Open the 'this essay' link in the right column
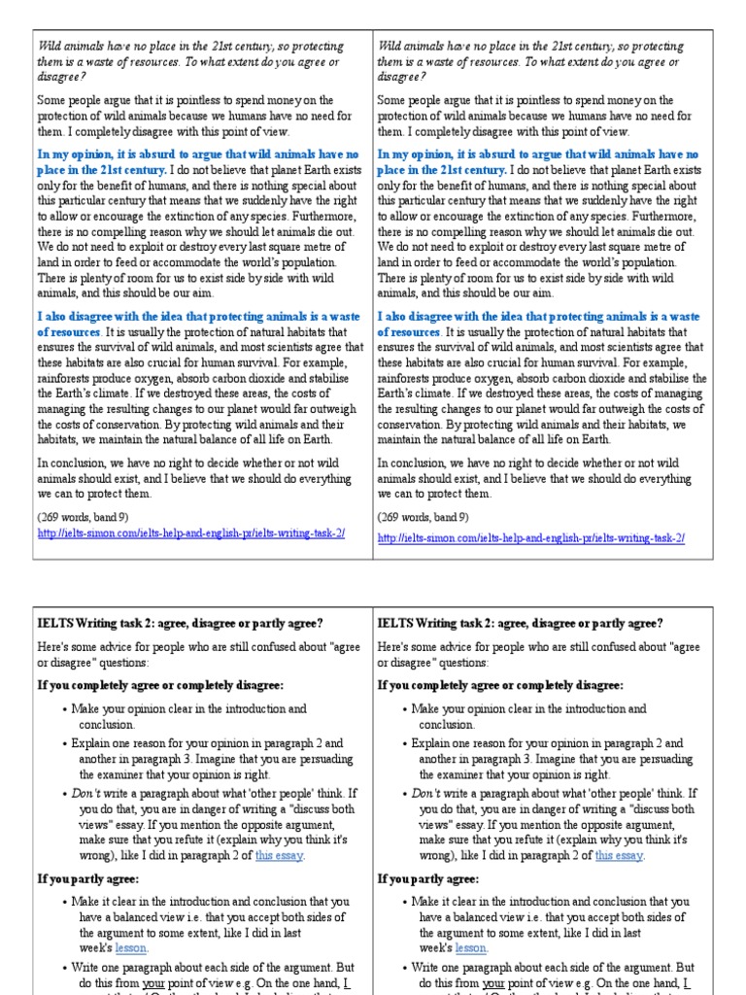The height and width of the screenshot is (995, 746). [x=619, y=855]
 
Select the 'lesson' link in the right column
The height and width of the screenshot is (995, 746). [x=471, y=947]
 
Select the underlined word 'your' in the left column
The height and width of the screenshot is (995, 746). [x=156, y=982]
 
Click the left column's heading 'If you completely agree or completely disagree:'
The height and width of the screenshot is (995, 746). [x=160, y=685]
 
